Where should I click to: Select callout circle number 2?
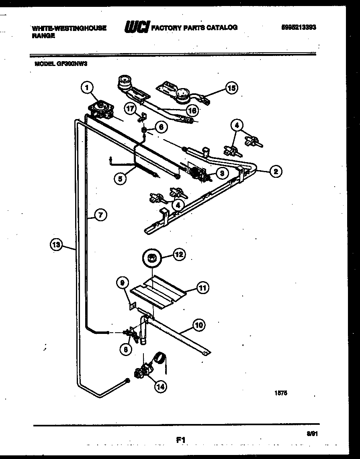tap(275, 171)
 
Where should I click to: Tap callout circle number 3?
tap(221, 173)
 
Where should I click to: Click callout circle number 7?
tap(100, 215)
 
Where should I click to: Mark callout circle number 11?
tap(202, 287)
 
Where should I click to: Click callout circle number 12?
tap(179, 254)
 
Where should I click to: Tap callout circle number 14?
tap(160, 387)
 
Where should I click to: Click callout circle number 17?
tap(130, 108)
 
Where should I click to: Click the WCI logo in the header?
tap(137, 27)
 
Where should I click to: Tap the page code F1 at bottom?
tap(181, 440)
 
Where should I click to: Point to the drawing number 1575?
tap(282, 393)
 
